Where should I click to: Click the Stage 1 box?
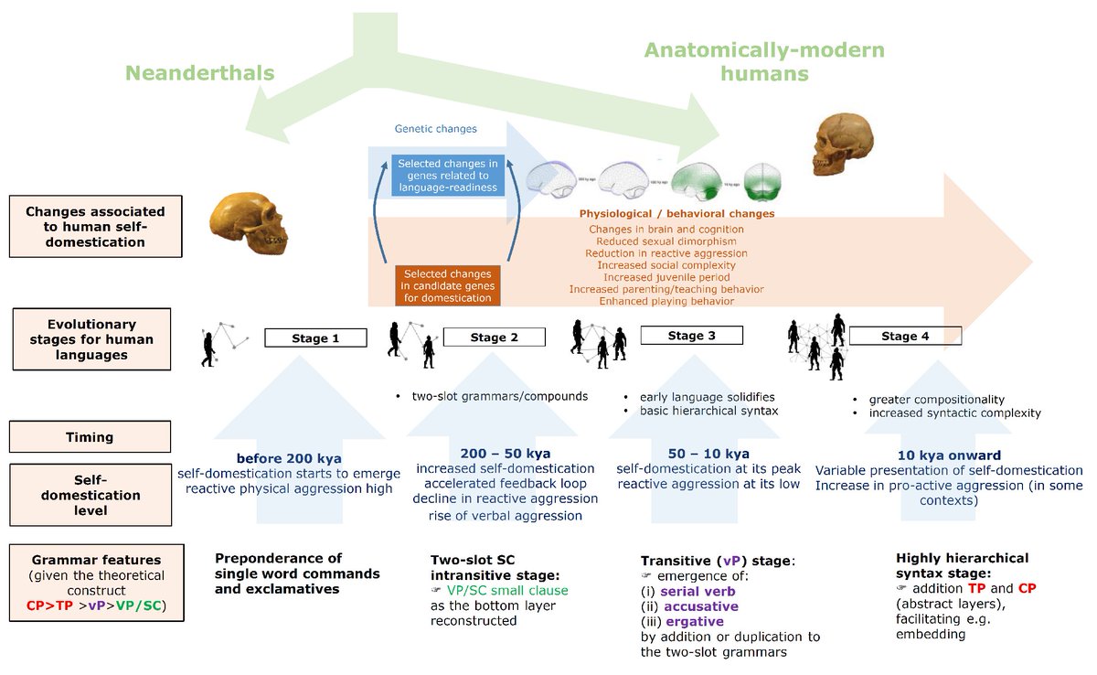pyautogui.click(x=315, y=338)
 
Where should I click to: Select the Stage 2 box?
pyautogui.click(x=494, y=337)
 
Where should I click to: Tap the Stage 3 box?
pyautogui.click(x=691, y=336)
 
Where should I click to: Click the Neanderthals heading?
pyautogui.click(x=199, y=73)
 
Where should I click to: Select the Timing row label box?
pyautogui.click(x=90, y=437)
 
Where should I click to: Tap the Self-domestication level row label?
pyautogui.click(x=90, y=495)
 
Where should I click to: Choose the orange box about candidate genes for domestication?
pyautogui.click(x=447, y=285)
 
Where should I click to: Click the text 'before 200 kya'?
pyautogui.click(x=288, y=456)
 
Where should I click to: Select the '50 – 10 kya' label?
pyautogui.click(x=697, y=454)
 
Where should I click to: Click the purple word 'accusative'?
pyautogui.click(x=701, y=605)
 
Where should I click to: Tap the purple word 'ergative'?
pyautogui.click(x=696, y=621)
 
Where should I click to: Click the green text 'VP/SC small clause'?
pyautogui.click(x=506, y=590)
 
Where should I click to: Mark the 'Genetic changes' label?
pyautogui.click(x=435, y=129)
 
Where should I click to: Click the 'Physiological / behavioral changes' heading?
pyautogui.click(x=676, y=214)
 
